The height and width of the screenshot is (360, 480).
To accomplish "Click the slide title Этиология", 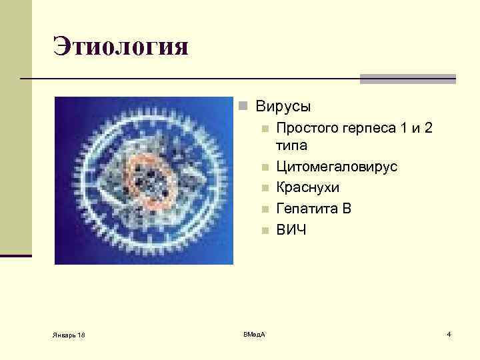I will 121,47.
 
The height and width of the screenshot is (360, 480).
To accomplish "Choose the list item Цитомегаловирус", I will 337,167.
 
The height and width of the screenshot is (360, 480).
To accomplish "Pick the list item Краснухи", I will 307,187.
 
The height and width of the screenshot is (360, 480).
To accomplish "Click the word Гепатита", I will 307,209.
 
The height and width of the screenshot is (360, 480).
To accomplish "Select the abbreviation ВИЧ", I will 291,230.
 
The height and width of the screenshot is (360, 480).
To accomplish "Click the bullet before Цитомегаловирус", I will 265,167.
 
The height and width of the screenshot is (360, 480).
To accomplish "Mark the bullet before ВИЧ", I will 265,231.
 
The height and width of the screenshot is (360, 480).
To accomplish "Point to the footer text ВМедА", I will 254,333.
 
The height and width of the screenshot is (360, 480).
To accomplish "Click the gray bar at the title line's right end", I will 407,79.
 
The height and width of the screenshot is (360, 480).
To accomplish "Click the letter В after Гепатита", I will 346,209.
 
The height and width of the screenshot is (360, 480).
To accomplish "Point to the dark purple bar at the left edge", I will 15,255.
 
